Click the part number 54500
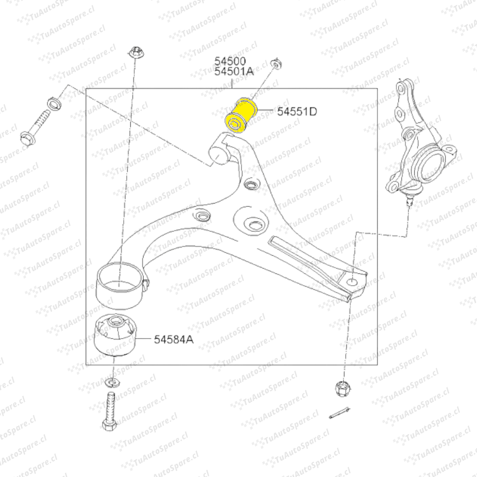230,61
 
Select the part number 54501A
234,72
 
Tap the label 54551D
297,112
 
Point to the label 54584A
174,339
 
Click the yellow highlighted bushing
241,115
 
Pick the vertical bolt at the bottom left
110,412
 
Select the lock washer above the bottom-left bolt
112,382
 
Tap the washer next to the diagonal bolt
55,103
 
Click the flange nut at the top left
134,53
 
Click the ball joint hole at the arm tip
352,281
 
